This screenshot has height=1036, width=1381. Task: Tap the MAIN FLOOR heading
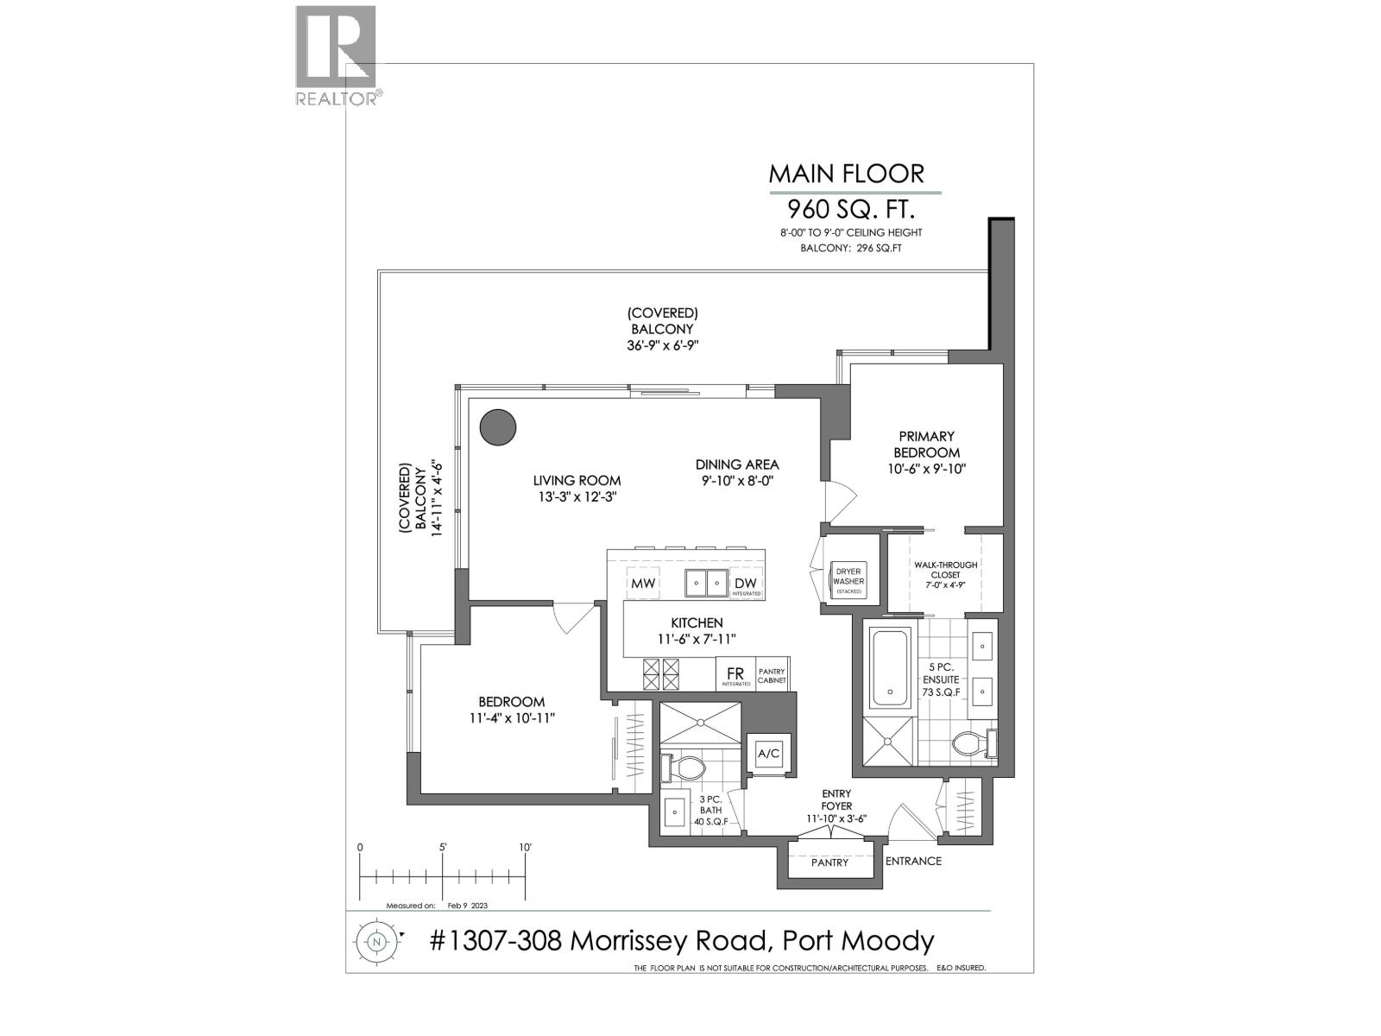pos(846,174)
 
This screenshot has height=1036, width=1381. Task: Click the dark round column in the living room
pos(498,426)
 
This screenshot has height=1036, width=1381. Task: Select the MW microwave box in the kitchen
pos(643,584)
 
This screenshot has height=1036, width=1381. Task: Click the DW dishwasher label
pos(745,583)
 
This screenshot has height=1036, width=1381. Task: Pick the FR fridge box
pos(735,673)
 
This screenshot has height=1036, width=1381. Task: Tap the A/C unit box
pos(768,754)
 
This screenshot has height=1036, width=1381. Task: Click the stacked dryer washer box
pos(848,581)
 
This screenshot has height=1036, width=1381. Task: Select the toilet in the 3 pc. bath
pos(685,768)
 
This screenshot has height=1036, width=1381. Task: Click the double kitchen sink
pos(706,584)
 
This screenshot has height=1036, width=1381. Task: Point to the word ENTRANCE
pos(913,861)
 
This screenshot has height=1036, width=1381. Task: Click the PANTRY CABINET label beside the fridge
pos(772,676)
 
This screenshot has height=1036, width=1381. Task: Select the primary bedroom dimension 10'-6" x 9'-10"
pos(926,469)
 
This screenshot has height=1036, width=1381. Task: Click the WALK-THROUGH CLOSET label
pos(946,570)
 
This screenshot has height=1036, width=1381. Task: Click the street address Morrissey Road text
pos(682,941)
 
